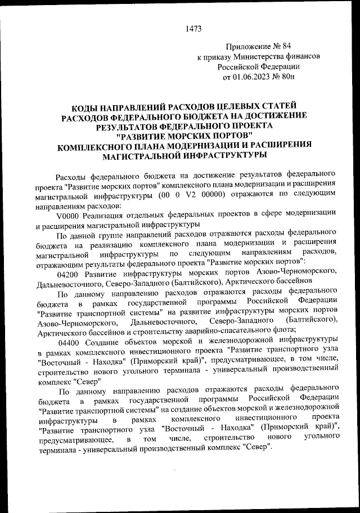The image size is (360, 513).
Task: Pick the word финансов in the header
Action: (x=304, y=57)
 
